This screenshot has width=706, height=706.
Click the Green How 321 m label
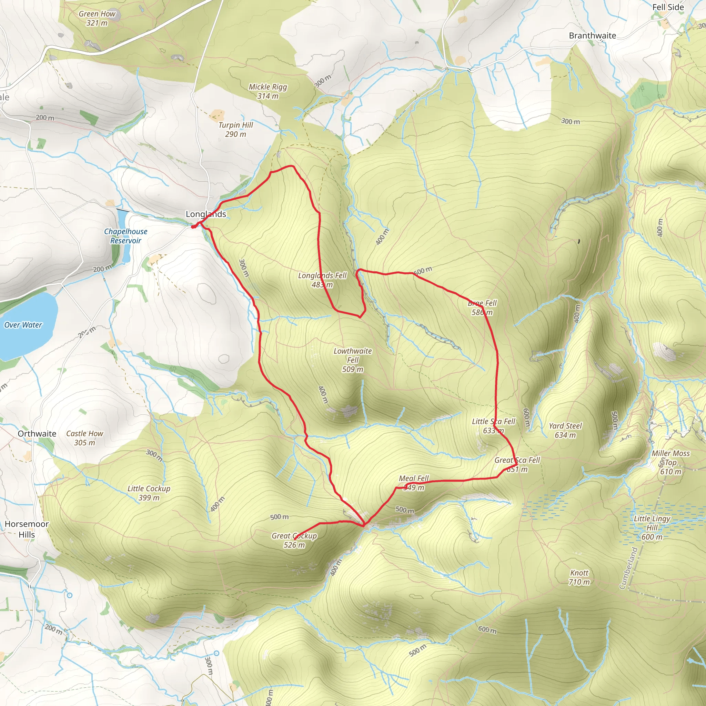[97, 18]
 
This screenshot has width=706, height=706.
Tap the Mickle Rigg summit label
[268, 91]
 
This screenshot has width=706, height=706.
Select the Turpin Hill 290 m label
[236, 129]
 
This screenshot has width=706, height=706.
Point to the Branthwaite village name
[592, 36]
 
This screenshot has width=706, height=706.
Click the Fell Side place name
[668, 7]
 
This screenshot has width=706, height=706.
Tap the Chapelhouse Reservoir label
[126, 236]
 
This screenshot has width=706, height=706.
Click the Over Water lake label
[23, 325]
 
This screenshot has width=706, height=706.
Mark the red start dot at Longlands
[193, 227]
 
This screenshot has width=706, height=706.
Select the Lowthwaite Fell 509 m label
[353, 360]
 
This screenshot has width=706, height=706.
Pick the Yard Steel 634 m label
[565, 430]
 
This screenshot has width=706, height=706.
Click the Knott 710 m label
[579, 577]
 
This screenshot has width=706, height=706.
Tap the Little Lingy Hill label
[652, 528]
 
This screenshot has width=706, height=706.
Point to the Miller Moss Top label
[671, 462]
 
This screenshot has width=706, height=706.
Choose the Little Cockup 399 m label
[149, 493]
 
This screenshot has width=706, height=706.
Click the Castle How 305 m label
[85, 438]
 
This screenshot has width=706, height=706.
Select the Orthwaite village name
[37, 433]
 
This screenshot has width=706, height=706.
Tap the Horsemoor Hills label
[27, 529]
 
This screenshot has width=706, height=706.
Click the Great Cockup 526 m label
[294, 540]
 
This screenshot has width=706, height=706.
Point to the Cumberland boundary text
[628, 568]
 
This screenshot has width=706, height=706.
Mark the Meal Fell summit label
[414, 482]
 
